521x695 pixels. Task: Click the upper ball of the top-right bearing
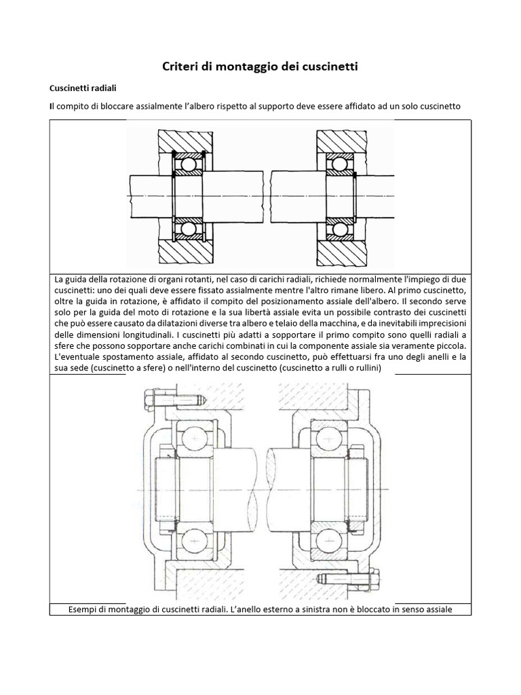click(339, 164)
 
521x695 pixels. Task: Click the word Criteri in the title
click(180, 67)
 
